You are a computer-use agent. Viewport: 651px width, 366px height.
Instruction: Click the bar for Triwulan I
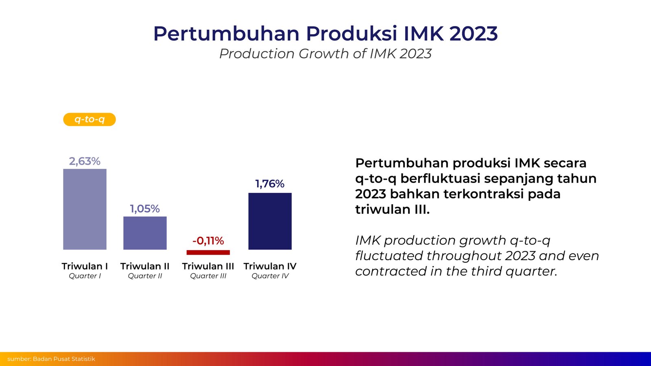85,209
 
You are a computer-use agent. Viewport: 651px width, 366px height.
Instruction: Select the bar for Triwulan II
145,233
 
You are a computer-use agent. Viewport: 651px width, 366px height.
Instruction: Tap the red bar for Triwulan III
208,253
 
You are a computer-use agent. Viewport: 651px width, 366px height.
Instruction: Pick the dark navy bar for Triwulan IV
270,221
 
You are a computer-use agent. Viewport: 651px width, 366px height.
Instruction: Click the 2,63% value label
85,161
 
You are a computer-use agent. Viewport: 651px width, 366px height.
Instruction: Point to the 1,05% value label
145,209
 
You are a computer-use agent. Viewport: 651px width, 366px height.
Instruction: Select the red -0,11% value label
208,241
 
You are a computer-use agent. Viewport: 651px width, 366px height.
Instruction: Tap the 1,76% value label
270,184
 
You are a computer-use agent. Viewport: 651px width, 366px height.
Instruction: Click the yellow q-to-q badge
90,120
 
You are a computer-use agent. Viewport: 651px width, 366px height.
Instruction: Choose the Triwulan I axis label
85,266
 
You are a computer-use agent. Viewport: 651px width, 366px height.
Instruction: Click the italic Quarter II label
145,276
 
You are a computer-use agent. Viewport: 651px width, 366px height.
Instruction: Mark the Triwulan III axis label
208,266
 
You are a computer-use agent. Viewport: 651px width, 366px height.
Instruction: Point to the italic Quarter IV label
270,276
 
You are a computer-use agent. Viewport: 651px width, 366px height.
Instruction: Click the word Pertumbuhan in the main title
226,34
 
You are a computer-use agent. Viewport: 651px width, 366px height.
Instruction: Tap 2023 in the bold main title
474,34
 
